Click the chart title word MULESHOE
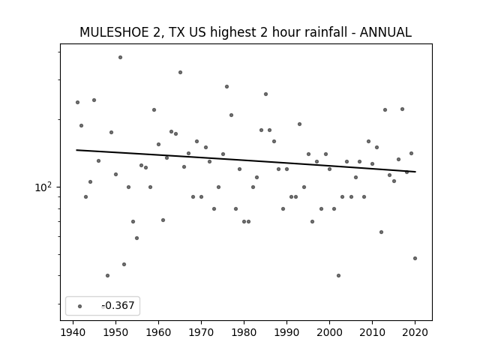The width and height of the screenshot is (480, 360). coord(114,32)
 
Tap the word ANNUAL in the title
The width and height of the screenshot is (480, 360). coord(385,32)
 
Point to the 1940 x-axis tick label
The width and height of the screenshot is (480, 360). coord(73,332)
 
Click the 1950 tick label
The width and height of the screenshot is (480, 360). coord(115,332)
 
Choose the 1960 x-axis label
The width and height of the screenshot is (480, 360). coord(158,332)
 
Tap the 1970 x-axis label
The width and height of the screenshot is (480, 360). coord(201,332)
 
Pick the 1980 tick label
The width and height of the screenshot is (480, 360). coord(244,332)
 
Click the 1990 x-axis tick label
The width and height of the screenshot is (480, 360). coord(286,332)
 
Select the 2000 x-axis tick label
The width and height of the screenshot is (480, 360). coord(329,332)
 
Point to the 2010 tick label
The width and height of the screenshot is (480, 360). coord(372,332)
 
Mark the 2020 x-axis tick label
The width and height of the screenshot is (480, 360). coord(415,332)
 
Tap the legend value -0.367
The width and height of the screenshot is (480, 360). coord(118,305)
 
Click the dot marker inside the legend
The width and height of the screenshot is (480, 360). coord(80,306)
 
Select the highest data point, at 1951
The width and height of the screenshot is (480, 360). coord(120,57)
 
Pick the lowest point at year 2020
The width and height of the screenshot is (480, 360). coord(415,258)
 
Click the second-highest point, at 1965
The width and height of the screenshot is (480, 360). coord(180,73)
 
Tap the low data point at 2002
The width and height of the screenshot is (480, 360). coord(338,275)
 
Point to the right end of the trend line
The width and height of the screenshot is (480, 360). coord(415,172)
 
